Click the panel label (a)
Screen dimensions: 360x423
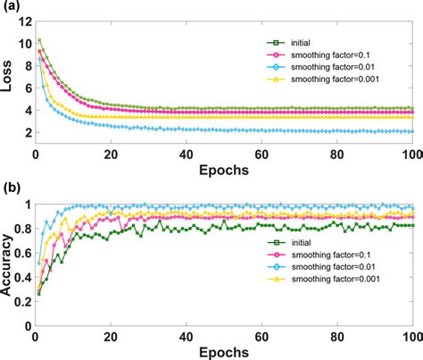pyautogui.click(x=12, y=8)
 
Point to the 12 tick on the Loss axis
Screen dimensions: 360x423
pyautogui.click(x=22, y=19)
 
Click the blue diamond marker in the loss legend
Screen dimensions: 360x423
pyautogui.click(x=274, y=68)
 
